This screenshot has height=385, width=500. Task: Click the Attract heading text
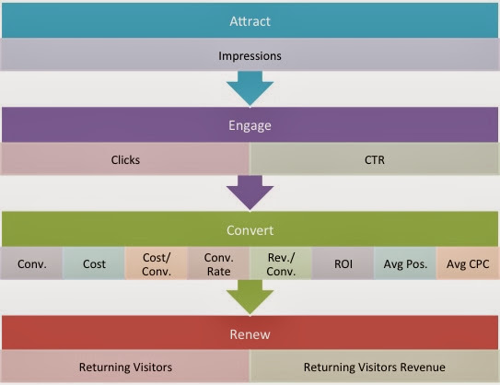pos(250,21)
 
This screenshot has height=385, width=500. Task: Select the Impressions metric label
pos(250,56)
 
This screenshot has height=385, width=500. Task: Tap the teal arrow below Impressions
pos(250,88)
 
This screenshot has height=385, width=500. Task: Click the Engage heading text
pos(250,125)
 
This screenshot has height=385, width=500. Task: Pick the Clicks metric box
pos(125,159)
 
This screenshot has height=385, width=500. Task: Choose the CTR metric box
pos(374,159)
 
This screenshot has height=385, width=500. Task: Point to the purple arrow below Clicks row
pos(250,192)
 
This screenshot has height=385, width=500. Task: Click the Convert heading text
pos(250,230)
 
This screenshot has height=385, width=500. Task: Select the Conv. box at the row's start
pos(32,263)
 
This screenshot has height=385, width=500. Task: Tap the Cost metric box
pos(94,263)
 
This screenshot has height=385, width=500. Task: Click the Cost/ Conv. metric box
pos(157,263)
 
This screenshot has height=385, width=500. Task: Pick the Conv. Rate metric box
pos(218,263)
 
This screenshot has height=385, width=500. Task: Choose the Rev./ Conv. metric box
pos(281,263)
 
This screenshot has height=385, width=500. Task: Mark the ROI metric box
pos(343,263)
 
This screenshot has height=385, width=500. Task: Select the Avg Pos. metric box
pos(405,263)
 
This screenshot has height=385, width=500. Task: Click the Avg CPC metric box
pos(468,263)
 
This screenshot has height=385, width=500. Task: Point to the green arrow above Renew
pos(250,297)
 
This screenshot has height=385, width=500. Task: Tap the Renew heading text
pos(250,334)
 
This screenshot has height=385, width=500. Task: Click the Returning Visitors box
pos(125,367)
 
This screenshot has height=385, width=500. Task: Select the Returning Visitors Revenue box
pos(374,367)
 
